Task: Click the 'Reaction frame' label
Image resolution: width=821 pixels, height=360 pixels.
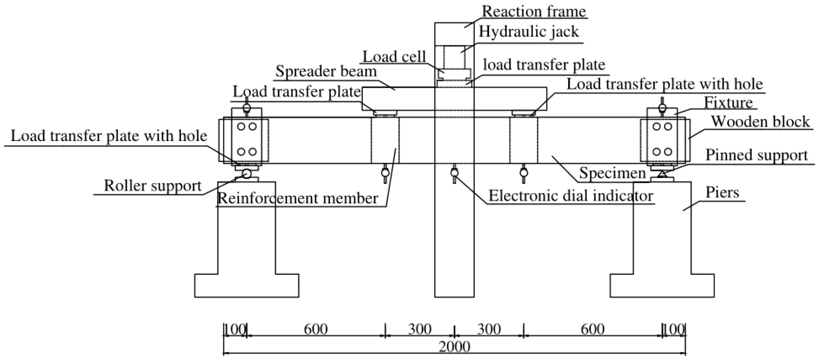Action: coord(534,12)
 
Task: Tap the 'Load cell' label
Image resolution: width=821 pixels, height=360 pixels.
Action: coord(394,57)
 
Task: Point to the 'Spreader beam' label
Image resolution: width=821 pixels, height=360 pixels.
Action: coord(326,71)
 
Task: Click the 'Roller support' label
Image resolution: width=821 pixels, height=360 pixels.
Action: coord(153,186)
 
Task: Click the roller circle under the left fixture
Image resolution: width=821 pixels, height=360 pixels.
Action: coord(246,173)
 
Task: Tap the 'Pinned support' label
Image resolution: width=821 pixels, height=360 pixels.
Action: coord(756,155)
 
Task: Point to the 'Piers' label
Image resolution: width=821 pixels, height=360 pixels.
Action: coord(722,192)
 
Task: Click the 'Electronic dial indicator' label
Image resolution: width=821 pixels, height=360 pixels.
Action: coord(571,196)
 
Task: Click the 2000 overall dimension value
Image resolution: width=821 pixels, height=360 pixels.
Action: coord(454,346)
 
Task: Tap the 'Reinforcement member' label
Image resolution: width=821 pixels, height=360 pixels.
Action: coord(297,198)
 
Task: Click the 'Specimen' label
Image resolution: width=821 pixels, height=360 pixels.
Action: coord(612,173)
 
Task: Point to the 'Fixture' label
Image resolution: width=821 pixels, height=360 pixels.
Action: coord(728,103)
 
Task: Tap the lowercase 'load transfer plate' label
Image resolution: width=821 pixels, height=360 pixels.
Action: coord(544,65)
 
